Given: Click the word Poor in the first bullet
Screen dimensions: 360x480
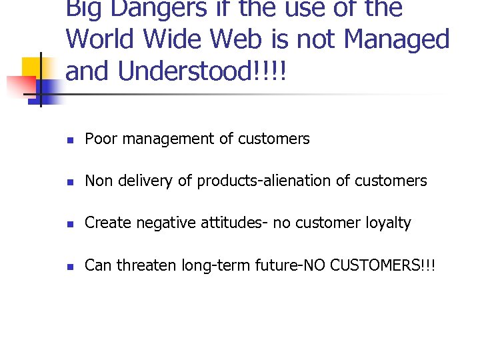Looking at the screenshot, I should (99, 139).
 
